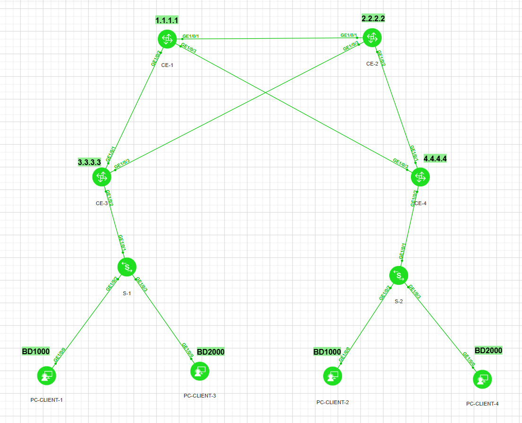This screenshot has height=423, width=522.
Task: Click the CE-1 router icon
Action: point(166,39)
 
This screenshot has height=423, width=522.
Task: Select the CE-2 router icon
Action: point(372,37)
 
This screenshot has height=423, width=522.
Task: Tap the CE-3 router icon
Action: point(101,177)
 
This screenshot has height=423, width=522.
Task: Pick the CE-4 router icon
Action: point(420,177)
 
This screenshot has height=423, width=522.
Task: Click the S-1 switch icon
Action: point(127,267)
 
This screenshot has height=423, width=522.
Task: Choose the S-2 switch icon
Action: point(399,275)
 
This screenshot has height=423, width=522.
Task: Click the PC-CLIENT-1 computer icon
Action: point(46,376)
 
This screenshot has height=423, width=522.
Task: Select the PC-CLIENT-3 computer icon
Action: point(199,371)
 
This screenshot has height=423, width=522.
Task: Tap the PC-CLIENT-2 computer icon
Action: point(333,376)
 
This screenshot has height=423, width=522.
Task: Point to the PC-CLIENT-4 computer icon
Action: point(482,380)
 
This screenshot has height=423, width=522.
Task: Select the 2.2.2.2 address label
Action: point(373,18)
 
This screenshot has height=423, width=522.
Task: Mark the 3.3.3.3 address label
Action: point(89,162)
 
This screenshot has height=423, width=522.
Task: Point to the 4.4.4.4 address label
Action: point(435,158)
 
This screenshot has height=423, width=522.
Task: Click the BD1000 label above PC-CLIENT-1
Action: point(36,351)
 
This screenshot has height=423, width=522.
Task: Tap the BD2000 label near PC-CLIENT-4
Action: point(488,350)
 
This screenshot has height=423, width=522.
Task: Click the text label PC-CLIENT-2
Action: point(333,402)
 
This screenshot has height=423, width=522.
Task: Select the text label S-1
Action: point(126,293)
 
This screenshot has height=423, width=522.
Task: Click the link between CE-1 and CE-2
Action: point(269,38)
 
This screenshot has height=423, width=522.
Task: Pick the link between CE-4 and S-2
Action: point(410,226)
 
